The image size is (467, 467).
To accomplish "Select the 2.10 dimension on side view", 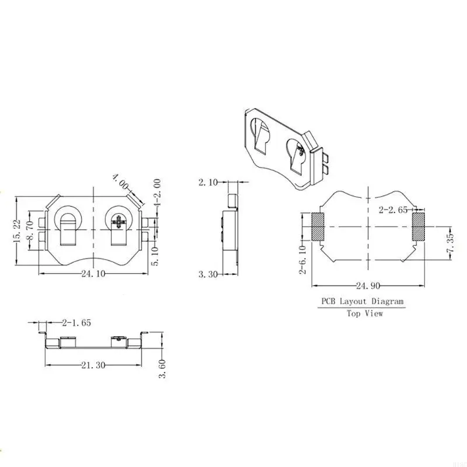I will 208,183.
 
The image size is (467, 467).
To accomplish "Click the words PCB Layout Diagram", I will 361,301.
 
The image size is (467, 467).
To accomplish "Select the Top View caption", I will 365,313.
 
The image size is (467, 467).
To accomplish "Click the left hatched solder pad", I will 318,226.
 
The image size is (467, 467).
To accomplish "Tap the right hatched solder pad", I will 419,226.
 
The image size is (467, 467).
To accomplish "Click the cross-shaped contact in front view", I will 120,222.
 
